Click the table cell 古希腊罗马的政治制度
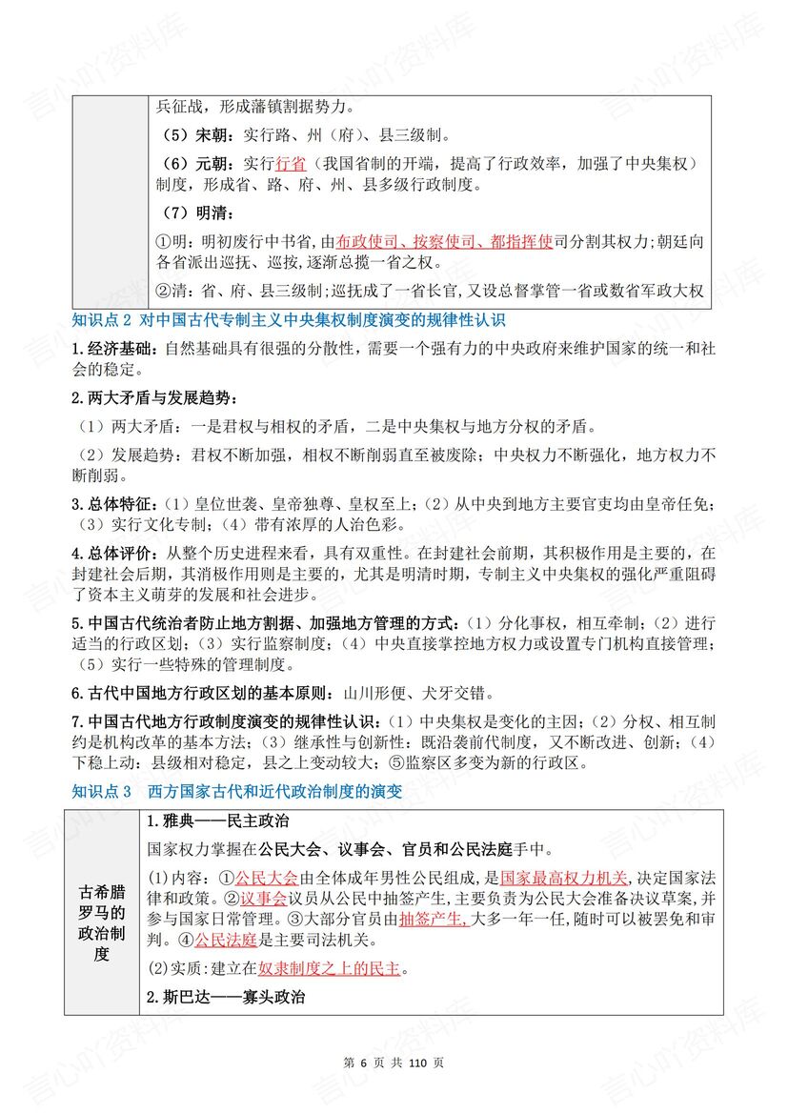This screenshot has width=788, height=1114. click(x=102, y=910)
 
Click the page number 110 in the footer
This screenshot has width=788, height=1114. click(x=415, y=1063)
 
